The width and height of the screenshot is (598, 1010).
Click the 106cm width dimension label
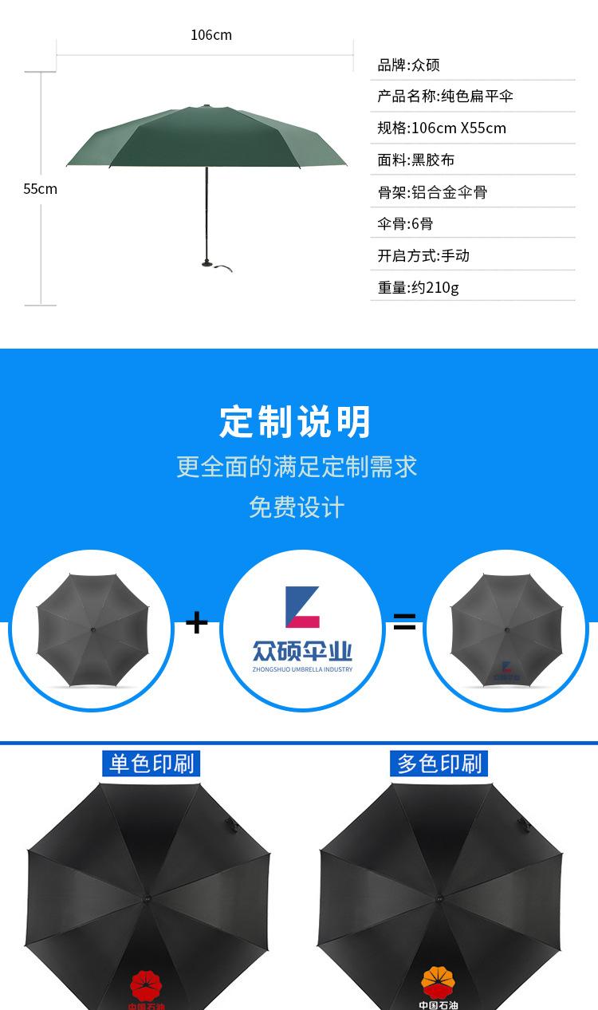[211, 35]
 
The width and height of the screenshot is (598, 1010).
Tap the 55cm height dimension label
[40, 189]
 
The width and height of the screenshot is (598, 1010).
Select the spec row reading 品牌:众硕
[408, 65]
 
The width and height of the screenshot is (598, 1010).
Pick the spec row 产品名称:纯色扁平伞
[445, 97]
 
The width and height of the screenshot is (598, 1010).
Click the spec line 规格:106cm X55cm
[442, 128]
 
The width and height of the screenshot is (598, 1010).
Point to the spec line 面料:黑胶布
[415, 160]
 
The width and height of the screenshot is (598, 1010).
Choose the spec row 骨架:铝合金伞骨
[432, 192]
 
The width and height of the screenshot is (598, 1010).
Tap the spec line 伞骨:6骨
[405, 224]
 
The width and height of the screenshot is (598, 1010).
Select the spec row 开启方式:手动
[423, 256]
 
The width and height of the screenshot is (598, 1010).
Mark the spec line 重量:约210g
[418, 288]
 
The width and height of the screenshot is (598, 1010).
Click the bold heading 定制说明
[296, 422]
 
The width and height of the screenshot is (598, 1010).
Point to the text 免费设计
[297, 507]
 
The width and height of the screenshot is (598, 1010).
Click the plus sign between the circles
[196, 622]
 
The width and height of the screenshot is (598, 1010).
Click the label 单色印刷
[151, 763]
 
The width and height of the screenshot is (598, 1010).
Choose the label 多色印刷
[440, 763]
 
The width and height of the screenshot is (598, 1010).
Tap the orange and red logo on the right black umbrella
[438, 979]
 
